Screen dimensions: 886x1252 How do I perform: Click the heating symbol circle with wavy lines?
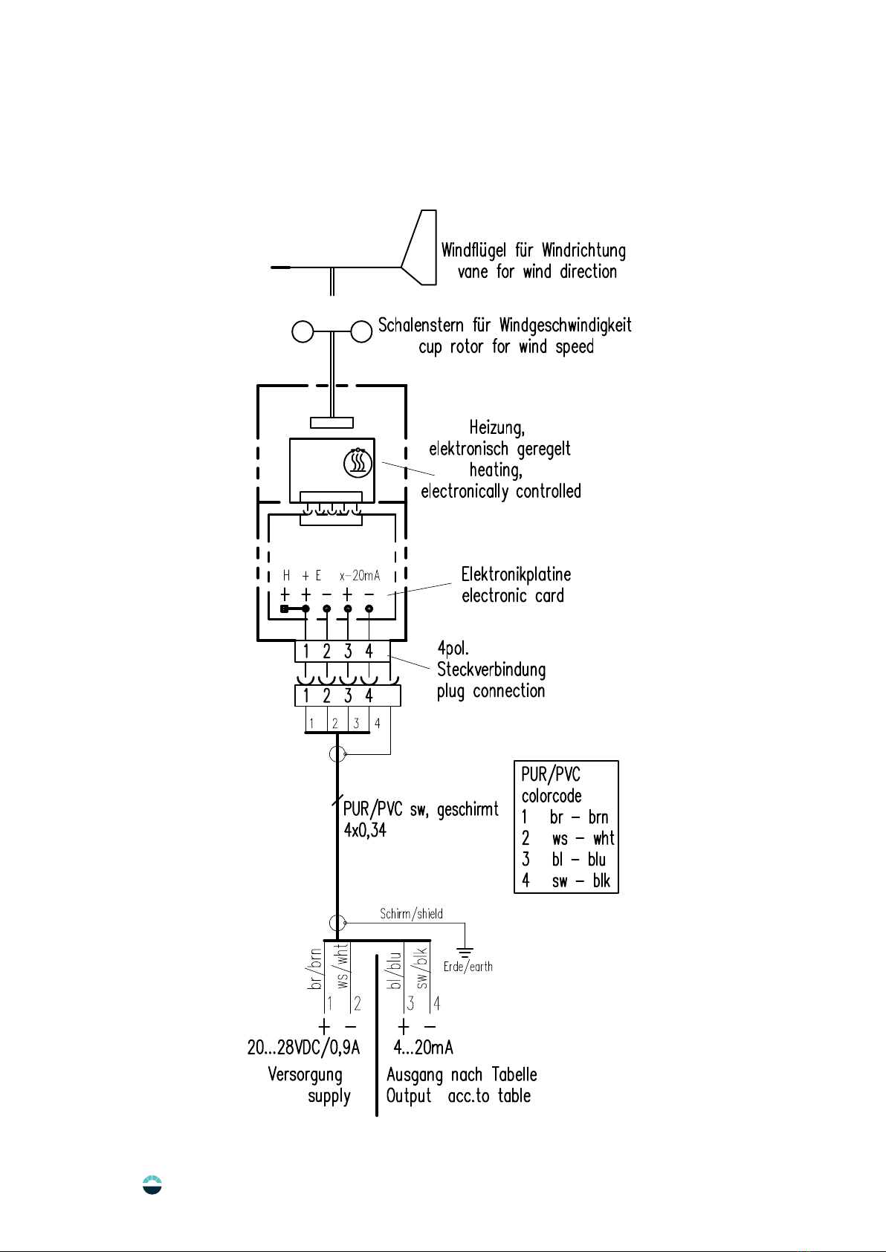pyautogui.click(x=358, y=463)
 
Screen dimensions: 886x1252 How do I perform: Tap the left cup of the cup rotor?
pyautogui.click(x=303, y=331)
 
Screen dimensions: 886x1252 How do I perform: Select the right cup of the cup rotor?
pyautogui.click(x=361, y=331)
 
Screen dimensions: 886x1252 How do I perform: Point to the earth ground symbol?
pyautogui.click(x=465, y=951)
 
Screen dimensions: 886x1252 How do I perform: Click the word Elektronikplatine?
pyautogui.click(x=516, y=574)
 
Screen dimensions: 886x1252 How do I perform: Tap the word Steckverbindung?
pyautogui.click(x=491, y=669)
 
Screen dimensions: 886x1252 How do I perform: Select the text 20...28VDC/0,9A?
pyautogui.click(x=303, y=1047)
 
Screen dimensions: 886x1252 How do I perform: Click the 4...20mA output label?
pyautogui.click(x=423, y=1047)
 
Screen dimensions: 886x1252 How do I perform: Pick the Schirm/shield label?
pyautogui.click(x=412, y=913)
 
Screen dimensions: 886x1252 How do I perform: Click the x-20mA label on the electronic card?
pyautogui.click(x=360, y=575)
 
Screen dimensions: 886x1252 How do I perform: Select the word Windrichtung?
pyautogui.click(x=583, y=250)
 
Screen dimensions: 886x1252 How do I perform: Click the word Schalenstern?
pyautogui.click(x=421, y=325)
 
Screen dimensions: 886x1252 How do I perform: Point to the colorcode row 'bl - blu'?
pyautogui.click(x=565, y=859)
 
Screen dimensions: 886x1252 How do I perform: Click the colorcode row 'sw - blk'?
pyautogui.click(x=566, y=880)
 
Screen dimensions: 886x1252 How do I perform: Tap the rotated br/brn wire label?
pyautogui.click(x=314, y=969)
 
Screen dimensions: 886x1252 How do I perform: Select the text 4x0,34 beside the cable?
pyautogui.click(x=365, y=830)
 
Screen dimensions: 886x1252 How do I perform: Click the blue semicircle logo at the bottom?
pyautogui.click(x=152, y=1184)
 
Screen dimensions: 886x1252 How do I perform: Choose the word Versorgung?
pyautogui.click(x=305, y=1075)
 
